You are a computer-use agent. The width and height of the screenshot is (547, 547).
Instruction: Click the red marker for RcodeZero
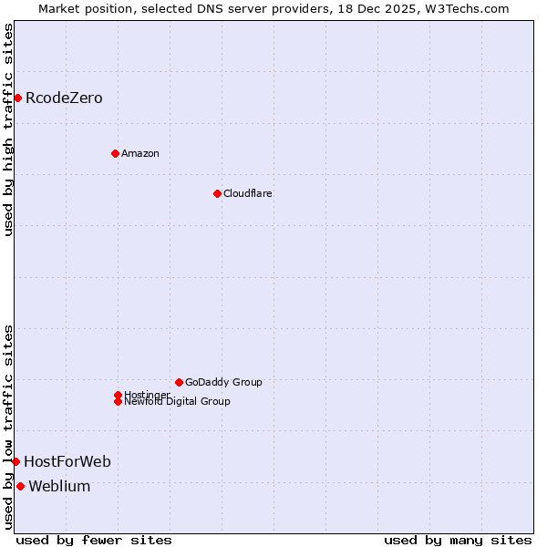pos(17,98)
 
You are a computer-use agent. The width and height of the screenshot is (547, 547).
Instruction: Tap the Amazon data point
pos(115,153)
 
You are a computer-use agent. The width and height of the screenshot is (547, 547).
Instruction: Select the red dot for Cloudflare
pos(217,193)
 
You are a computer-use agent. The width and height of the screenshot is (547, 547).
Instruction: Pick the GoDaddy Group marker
pos(179,382)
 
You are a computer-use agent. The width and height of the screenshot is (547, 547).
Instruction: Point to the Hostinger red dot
pos(118,395)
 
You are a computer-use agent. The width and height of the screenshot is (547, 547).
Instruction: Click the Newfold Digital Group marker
pos(118,401)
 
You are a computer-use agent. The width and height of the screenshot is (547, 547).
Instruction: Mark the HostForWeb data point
pos(15,461)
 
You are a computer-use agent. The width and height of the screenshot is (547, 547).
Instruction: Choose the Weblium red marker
pos(20,486)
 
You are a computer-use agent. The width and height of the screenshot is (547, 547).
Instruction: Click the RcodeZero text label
pos(64,98)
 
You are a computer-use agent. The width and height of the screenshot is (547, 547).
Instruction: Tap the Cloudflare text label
pos(247,193)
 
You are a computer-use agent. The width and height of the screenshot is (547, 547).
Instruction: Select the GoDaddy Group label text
pos(223,382)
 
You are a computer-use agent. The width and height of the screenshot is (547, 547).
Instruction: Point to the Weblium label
pos(59,487)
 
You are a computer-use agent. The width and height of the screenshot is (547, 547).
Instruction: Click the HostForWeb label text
pos(67,462)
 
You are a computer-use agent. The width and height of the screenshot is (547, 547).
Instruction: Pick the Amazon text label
pos(139,153)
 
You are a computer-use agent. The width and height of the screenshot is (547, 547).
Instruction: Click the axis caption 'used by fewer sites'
pos(94,540)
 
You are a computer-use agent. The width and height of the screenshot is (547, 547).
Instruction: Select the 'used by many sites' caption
pos(458,540)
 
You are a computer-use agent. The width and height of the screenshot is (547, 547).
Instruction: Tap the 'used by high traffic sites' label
pos(8,129)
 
